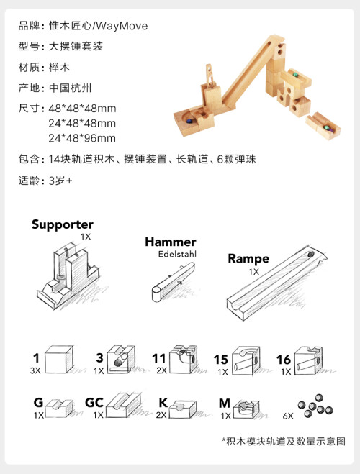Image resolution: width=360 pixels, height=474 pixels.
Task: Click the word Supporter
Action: tap(63, 225)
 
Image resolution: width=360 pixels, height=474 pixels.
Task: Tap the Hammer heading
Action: tap(171, 242)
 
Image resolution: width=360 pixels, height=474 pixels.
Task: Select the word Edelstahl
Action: tap(177, 254)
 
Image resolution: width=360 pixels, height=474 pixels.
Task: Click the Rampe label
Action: tap(248, 259)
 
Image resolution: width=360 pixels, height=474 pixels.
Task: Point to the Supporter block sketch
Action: tap(69, 275)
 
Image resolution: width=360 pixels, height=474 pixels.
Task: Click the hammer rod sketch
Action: tap(173, 281)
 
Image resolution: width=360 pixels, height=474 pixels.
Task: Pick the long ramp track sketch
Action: tap(276, 283)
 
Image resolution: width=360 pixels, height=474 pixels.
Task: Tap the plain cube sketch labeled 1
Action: tap(59, 360)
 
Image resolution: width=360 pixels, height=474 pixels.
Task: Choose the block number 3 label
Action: tap(99, 357)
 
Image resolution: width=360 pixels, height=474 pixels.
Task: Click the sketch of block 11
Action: tap(184, 359)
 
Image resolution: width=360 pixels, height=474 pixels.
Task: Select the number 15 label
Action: tap(220, 360)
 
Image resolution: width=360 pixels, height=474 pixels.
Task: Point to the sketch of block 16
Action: tap(308, 360)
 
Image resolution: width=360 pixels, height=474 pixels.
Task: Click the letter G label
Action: tap(38, 403)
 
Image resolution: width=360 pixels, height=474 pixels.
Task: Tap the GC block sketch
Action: tap(123, 405)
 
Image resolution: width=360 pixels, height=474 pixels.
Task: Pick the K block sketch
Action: tap(183, 409)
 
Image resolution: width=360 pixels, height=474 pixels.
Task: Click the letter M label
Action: tap(225, 403)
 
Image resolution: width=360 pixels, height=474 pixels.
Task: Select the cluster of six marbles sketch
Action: tap(315, 406)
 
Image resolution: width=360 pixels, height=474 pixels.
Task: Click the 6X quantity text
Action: tap(288, 416)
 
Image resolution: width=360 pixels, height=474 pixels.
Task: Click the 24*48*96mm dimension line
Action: tap(82, 138)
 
